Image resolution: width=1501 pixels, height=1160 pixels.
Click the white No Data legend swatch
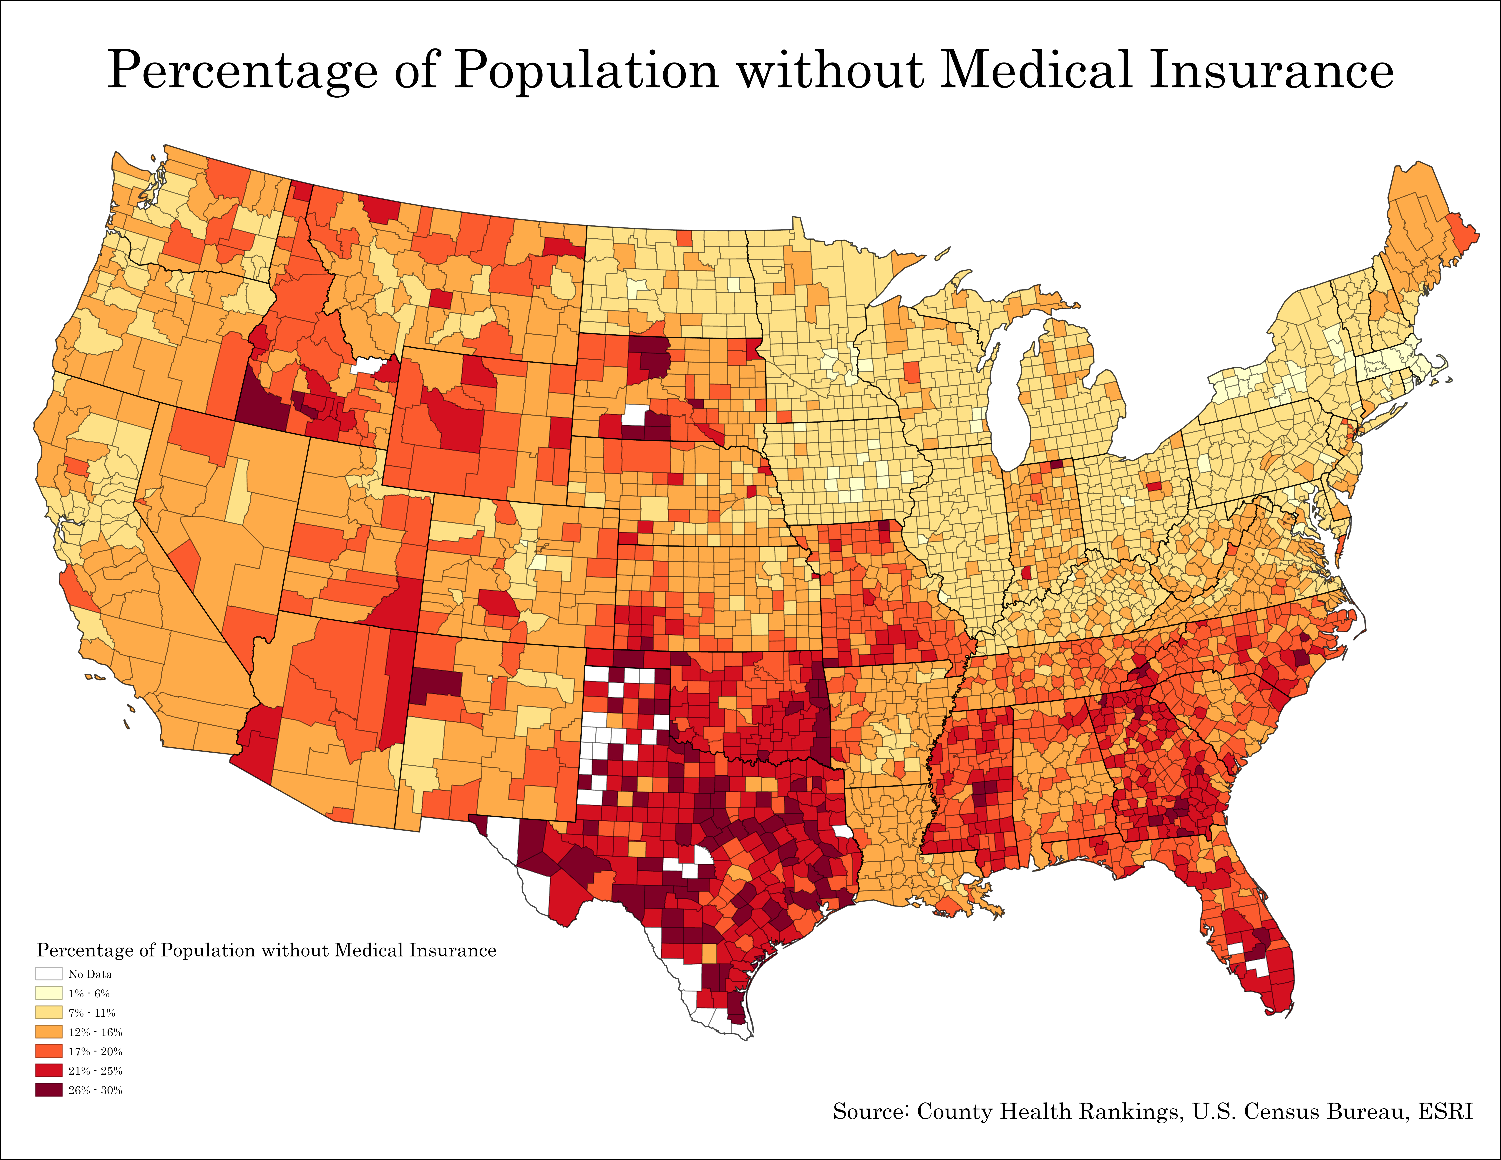(x=49, y=974)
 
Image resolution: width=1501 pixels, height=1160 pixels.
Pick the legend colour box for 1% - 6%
(x=49, y=993)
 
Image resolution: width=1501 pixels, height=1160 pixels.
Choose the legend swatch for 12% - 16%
(x=49, y=1031)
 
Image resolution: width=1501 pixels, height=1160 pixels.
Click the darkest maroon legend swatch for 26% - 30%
(x=49, y=1090)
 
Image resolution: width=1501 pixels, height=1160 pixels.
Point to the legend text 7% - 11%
(x=91, y=1013)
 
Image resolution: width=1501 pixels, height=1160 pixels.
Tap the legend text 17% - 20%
(x=95, y=1052)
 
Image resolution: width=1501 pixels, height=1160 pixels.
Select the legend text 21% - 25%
(x=95, y=1071)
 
